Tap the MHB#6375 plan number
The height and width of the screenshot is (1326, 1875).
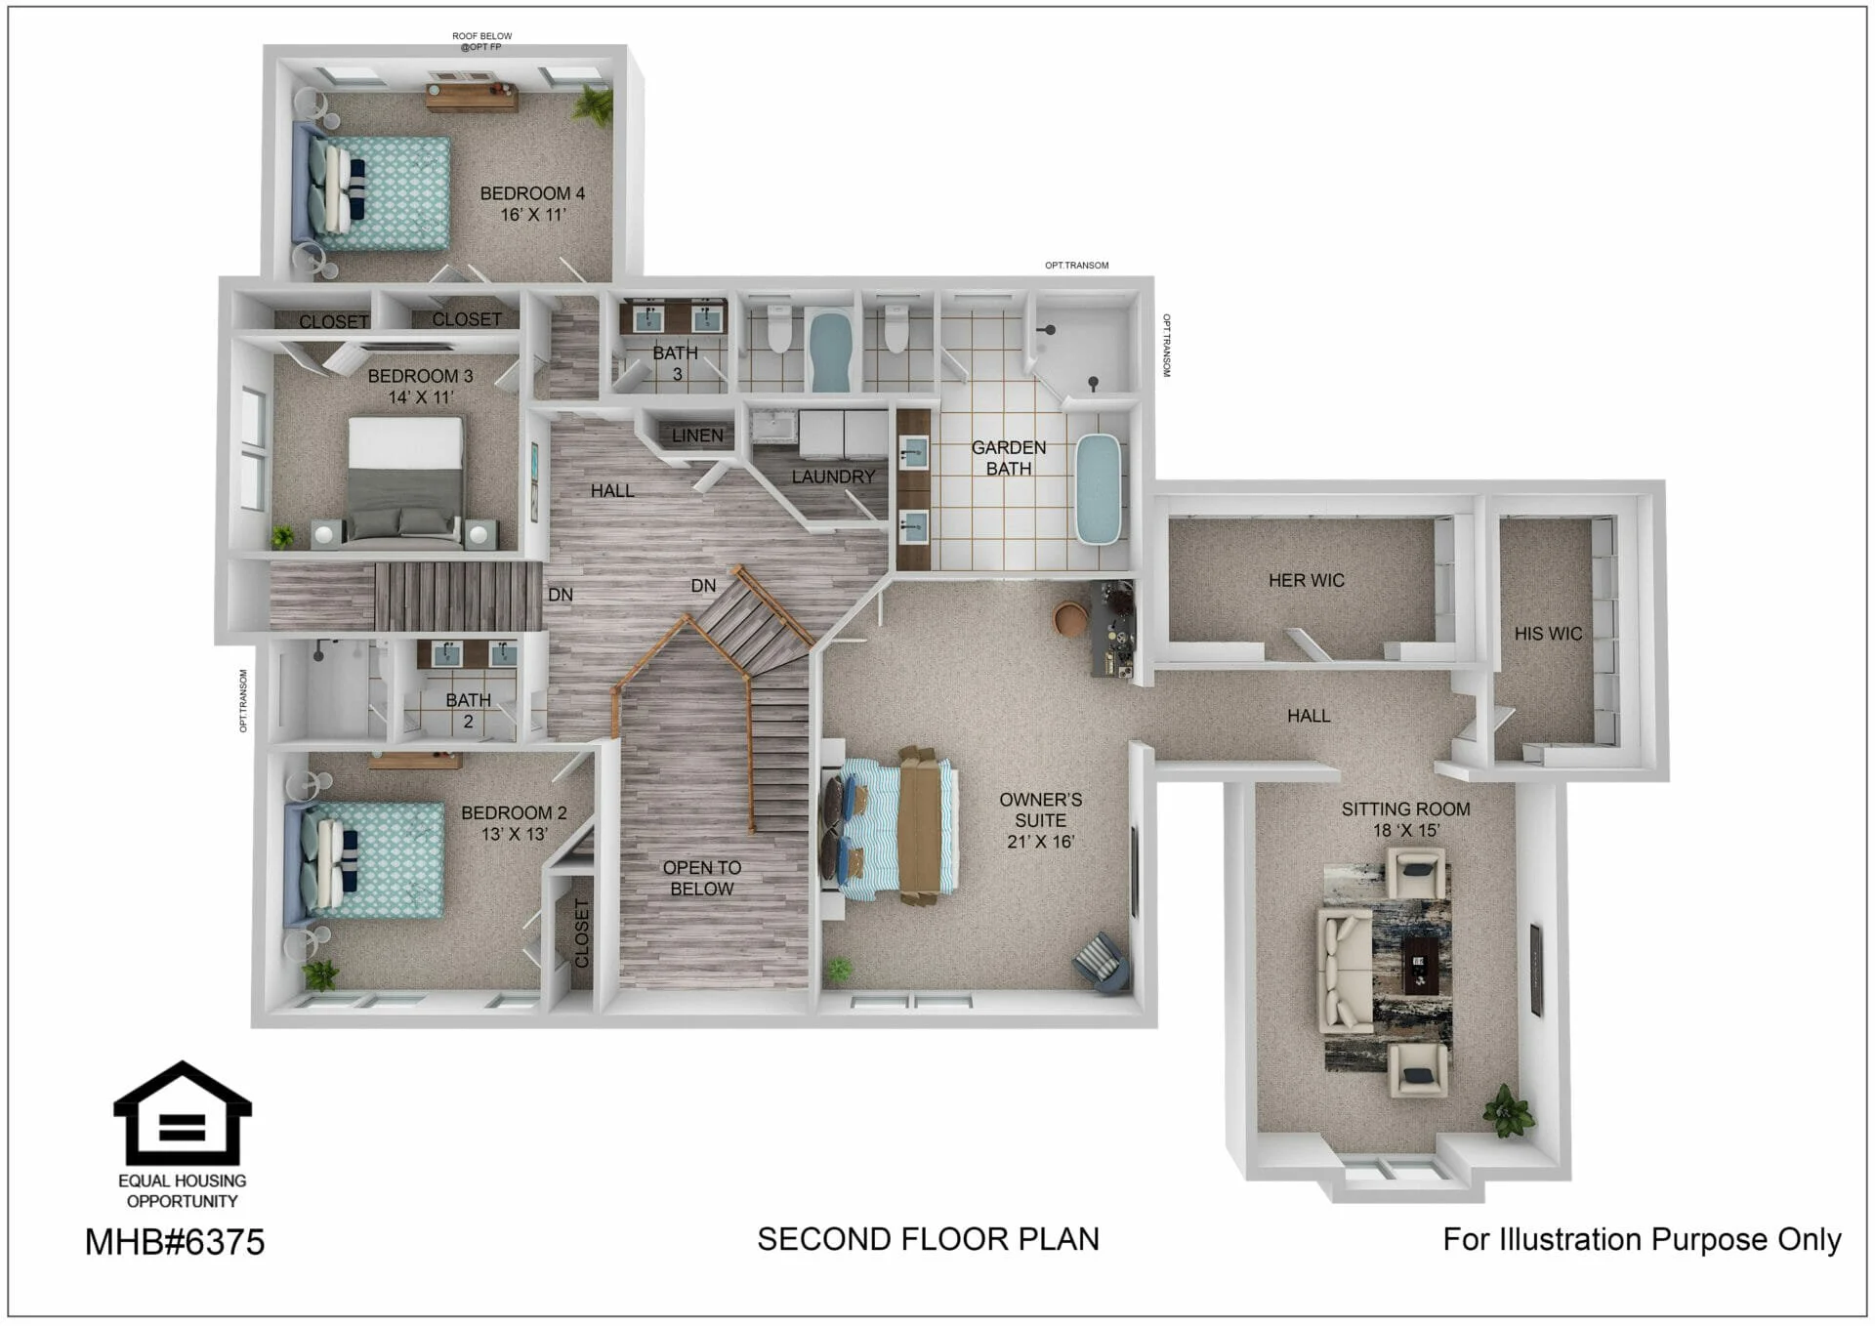coord(175,1242)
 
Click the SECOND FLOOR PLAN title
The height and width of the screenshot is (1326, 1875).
coord(928,1239)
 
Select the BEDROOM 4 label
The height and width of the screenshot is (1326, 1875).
coord(532,193)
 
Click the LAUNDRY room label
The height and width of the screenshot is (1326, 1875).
coord(833,477)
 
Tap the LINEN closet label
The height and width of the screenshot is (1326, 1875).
coord(697,435)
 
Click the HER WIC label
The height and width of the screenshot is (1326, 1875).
coord(1307,580)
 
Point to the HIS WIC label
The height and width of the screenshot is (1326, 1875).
coord(1548,634)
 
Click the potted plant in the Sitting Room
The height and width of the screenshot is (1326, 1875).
coord(1507,1110)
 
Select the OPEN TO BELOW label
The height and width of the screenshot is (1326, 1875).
coord(702,878)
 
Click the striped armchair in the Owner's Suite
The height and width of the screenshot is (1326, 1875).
coord(1103,962)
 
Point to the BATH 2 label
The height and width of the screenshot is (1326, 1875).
coord(469,711)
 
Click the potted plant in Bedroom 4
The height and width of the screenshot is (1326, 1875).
coord(592,102)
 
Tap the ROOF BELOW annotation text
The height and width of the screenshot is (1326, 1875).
coord(482,36)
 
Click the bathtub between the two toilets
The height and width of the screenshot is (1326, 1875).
coord(830,350)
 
